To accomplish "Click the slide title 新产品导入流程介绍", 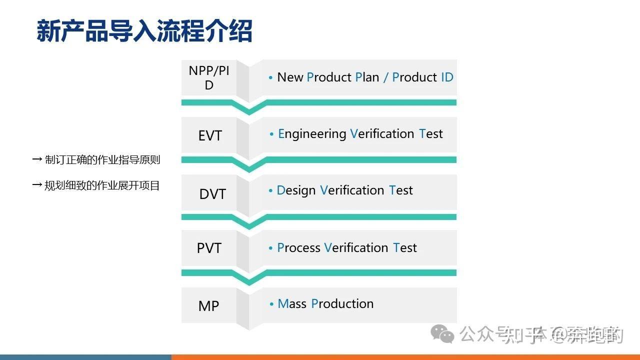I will point(144,31).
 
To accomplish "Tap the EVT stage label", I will point(209,135).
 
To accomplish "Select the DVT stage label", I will point(212,194).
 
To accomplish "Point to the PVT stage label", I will point(209,248).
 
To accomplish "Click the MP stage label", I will point(208,306).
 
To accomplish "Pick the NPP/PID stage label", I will point(209,78).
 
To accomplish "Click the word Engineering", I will point(312,134).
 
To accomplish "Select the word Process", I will point(298,248).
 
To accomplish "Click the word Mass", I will point(292,304).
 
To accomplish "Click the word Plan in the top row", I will point(367,77).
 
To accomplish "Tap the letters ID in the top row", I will point(447,77).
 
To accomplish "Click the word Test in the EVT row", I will point(431,134).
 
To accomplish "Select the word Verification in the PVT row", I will point(356,248).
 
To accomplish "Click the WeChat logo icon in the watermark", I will point(442,333).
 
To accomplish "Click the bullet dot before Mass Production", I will point(271,304).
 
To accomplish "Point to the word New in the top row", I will point(290,77).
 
